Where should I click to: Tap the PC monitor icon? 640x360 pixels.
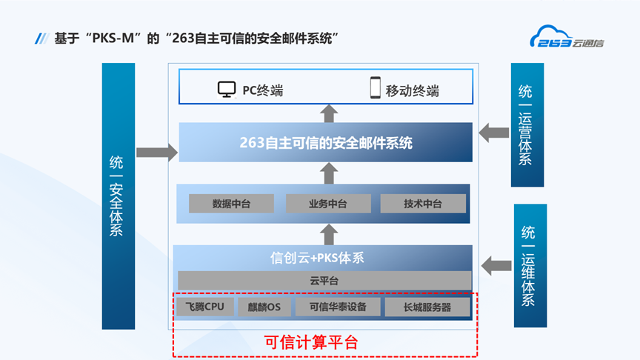(227, 90)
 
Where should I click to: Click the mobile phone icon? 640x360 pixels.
(375, 89)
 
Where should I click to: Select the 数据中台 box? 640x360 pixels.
(231, 204)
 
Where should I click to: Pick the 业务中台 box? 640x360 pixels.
(327, 204)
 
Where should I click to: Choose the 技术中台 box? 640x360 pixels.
(423, 204)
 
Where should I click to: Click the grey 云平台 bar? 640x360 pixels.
(324, 281)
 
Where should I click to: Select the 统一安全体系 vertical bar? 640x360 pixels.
(119, 196)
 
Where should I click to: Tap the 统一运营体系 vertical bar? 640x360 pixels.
(527, 124)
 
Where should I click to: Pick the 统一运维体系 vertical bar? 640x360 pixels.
(530, 265)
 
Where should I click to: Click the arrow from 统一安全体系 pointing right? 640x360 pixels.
(157, 152)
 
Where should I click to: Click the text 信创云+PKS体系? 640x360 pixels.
(317, 259)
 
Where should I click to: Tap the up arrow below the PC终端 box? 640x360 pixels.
(329, 113)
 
